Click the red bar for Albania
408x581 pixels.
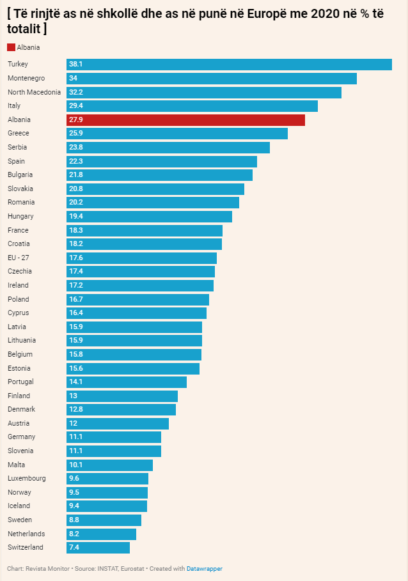185,120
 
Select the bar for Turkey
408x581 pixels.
229,64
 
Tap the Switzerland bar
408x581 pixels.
98,547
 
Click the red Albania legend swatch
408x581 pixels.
11,47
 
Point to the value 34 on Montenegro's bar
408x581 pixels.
73,78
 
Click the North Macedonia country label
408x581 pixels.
34,92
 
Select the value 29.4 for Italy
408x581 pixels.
76,105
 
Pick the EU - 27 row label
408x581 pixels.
19,258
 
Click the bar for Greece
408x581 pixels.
177,133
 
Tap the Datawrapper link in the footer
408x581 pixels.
205,568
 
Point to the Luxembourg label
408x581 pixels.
27,478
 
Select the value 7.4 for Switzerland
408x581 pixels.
74,547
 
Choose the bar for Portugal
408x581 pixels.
127,382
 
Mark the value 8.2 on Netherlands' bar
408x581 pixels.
74,534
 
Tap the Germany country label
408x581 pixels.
21,437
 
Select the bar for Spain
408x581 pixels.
162,161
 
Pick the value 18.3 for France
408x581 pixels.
76,230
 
